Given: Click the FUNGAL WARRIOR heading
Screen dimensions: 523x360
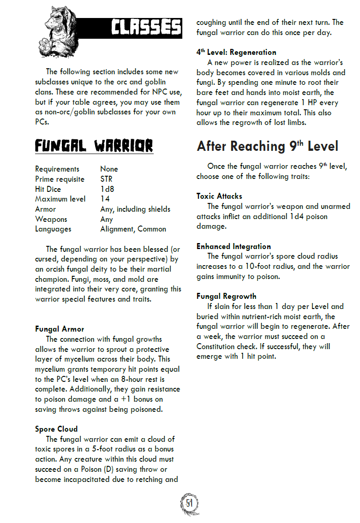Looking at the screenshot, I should (x=94, y=146).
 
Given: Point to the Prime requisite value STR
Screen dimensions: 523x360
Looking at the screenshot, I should (x=106, y=179).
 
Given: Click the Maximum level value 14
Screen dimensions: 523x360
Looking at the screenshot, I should (x=105, y=199).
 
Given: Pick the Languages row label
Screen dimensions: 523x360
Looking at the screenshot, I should (x=53, y=229).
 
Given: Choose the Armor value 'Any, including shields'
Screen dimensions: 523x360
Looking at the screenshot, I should (x=135, y=209).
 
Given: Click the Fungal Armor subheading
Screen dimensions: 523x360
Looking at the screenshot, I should (x=60, y=329).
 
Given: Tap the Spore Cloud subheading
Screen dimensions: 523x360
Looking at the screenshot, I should (x=56, y=429).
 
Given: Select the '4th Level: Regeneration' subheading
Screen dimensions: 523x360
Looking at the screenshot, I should (x=236, y=53).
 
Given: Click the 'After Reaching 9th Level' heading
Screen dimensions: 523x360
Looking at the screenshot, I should (x=267, y=147).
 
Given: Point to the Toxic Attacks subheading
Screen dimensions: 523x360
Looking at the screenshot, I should (x=219, y=196).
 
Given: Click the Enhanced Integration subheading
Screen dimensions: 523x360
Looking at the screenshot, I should (x=234, y=247).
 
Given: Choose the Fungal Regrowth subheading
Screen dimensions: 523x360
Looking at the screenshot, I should (x=226, y=297).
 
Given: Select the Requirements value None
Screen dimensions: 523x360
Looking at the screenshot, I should (x=109, y=169).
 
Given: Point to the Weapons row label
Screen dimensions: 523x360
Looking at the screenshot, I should (x=51, y=220).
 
